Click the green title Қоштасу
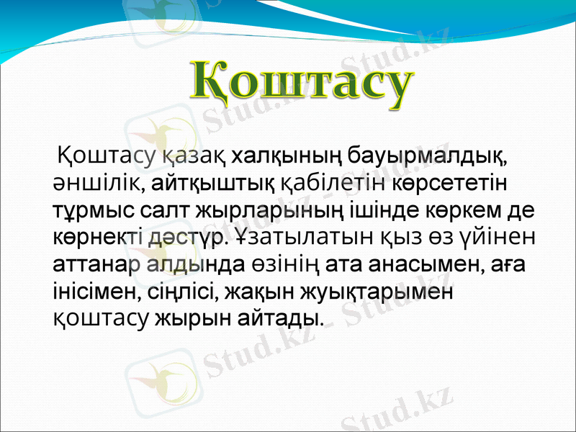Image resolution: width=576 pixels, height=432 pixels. pos(303,85)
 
